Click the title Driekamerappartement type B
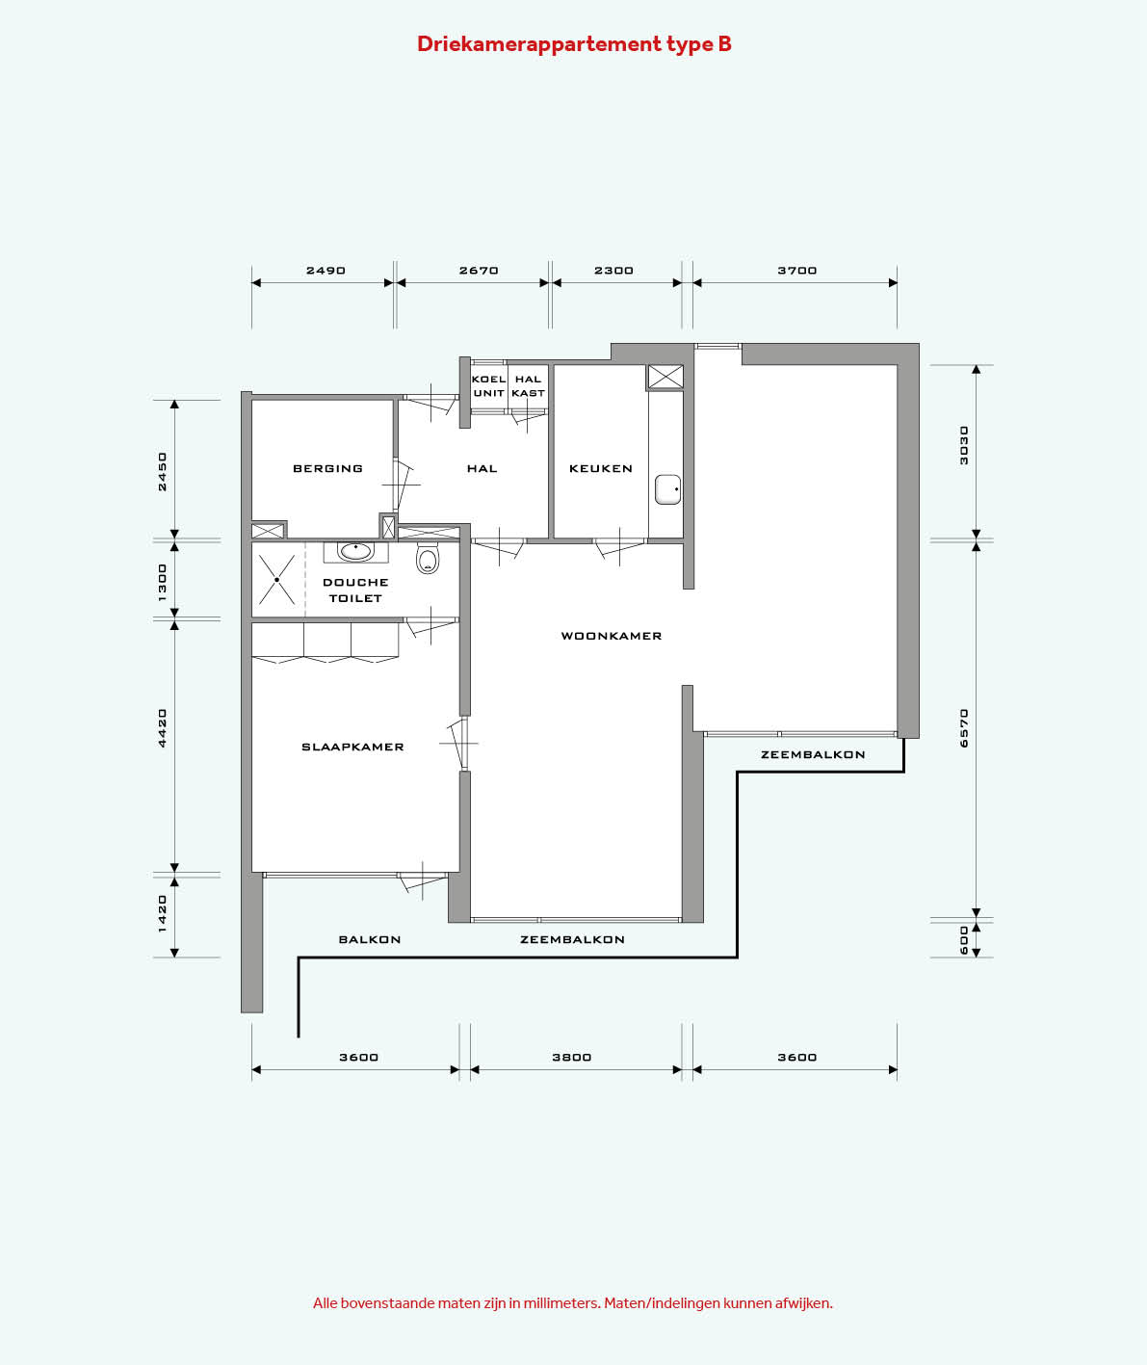coord(574,43)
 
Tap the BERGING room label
coord(327,469)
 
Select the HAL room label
coord(482,469)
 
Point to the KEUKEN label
coord(601,469)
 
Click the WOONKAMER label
coord(612,636)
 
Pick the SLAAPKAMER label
coord(352,748)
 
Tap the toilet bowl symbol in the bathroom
coord(428,559)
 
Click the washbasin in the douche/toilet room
coord(356,552)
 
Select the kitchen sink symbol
coord(668,489)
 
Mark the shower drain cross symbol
coord(277,580)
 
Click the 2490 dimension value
coord(326,271)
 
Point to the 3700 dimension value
coord(797,271)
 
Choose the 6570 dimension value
coord(964,728)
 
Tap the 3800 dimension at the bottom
coord(572,1058)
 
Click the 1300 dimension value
coord(162,583)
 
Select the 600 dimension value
coord(964,940)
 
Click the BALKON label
coord(369,940)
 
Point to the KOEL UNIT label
coord(489,386)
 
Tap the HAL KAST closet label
coord(528,386)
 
